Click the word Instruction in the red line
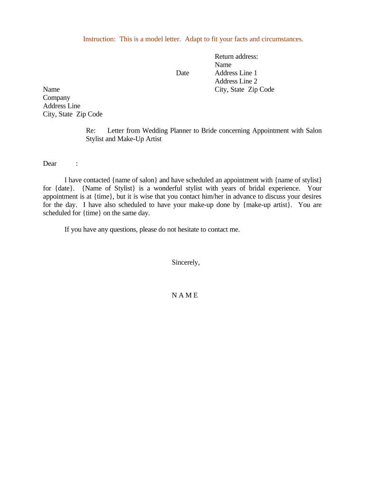tap(99, 39)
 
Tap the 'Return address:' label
tap(236, 56)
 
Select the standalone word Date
tap(182, 73)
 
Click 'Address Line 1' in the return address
tap(236, 73)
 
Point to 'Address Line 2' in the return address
tap(236, 81)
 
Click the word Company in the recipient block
tap(56, 98)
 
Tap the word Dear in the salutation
tap(50, 163)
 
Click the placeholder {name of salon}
tap(135, 180)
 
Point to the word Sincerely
tap(186, 262)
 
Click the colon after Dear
tap(77, 163)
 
